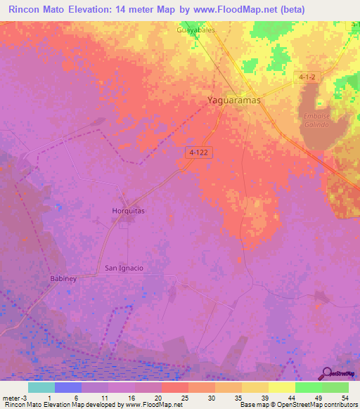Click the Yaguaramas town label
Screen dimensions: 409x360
pos(233,100)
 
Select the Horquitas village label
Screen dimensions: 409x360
pos(129,211)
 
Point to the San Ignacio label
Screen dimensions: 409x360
pos(124,268)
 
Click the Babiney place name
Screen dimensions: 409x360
pos(63,279)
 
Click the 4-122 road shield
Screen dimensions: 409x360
pos(200,152)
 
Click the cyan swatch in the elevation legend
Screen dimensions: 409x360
pos(41,387)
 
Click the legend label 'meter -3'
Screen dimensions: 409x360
pos(15,397)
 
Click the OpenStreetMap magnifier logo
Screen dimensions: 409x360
pos(326,373)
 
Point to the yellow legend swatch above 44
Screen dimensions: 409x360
pos(281,387)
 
